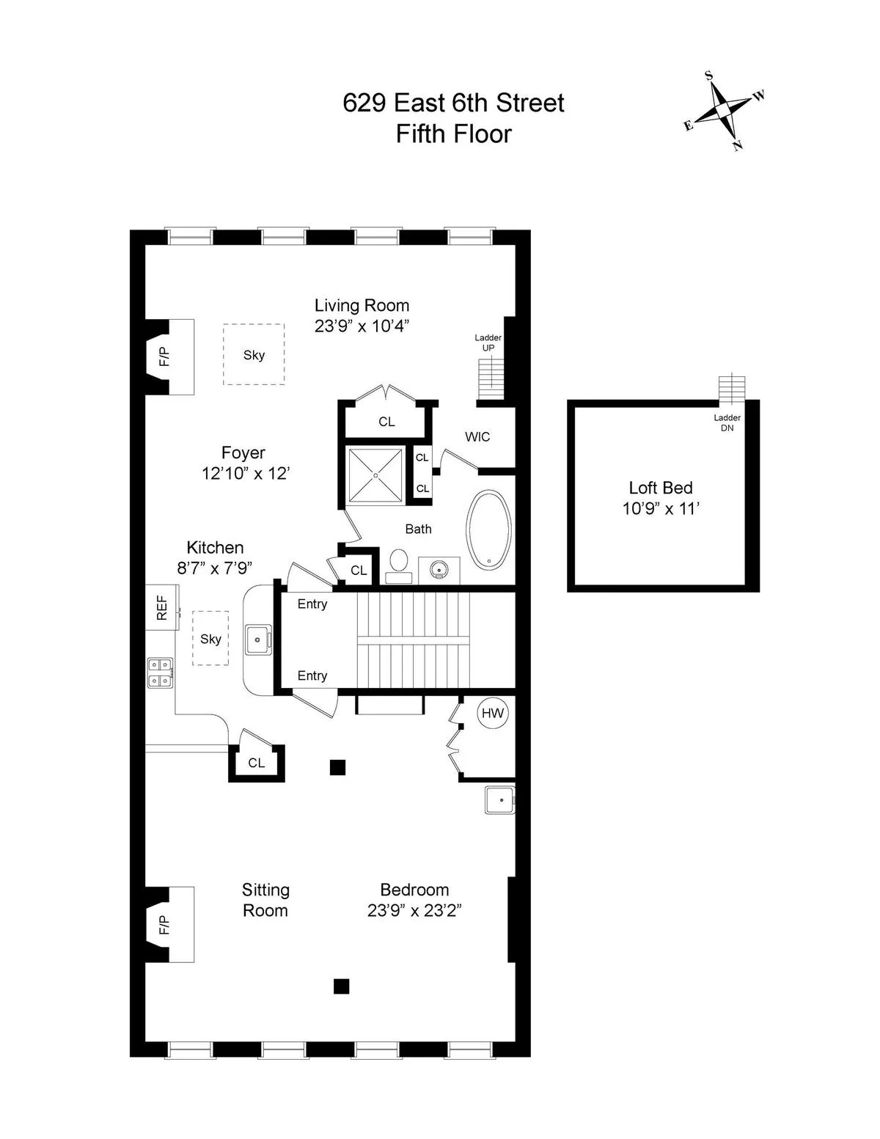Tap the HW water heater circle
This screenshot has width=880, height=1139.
click(493, 713)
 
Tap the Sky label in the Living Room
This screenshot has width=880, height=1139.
click(254, 355)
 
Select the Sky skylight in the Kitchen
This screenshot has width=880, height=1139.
click(210, 639)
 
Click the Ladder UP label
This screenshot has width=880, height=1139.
click(488, 343)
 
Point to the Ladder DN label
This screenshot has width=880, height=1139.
click(727, 422)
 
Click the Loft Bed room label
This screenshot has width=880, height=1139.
click(661, 488)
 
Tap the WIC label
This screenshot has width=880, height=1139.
click(477, 436)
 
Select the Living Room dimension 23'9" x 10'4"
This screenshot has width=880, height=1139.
click(362, 326)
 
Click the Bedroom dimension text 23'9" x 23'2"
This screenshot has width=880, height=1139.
click(414, 910)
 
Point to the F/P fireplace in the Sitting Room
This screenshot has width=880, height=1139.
click(164, 924)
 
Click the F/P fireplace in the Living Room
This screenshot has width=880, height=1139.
click(164, 357)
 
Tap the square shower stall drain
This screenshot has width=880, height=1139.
click(375, 475)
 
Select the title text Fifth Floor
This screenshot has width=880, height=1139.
click(453, 134)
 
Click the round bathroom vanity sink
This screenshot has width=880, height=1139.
click(439, 568)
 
